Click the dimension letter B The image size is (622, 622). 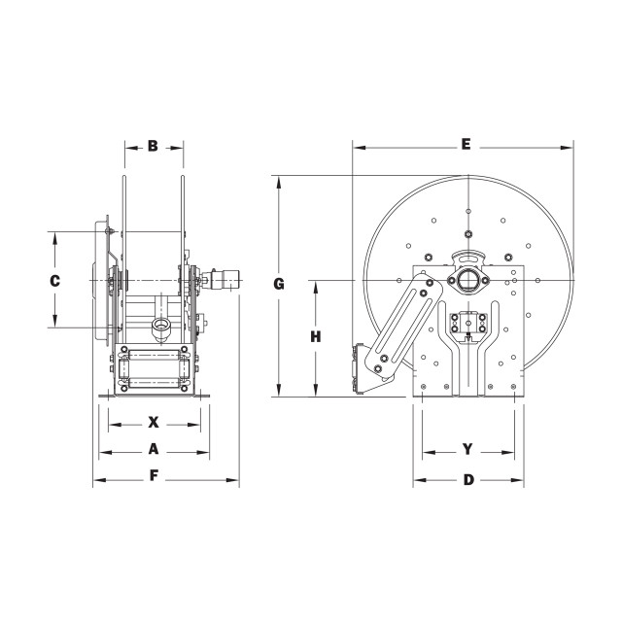pyautogui.click(x=153, y=146)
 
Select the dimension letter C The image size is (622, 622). pyautogui.click(x=54, y=281)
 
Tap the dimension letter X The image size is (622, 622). pyautogui.click(x=154, y=422)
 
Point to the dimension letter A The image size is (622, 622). pyautogui.click(x=154, y=449)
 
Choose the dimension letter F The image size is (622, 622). pyautogui.click(x=154, y=475)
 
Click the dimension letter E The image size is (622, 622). pyautogui.click(x=466, y=144)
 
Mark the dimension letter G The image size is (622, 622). pyautogui.click(x=279, y=284)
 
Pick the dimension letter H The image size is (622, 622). pyautogui.click(x=315, y=337)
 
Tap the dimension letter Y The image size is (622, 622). pyautogui.click(x=468, y=449)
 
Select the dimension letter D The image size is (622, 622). pyautogui.click(x=468, y=480)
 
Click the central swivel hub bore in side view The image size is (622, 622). pyautogui.click(x=468, y=281)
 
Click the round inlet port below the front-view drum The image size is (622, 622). pyautogui.click(x=160, y=326)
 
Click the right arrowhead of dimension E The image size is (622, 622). pyautogui.click(x=568, y=148)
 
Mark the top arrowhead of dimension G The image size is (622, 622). pyautogui.click(x=279, y=182)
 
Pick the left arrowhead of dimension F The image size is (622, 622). pyautogui.click(x=99, y=480)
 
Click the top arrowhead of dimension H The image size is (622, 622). pyautogui.click(x=316, y=287)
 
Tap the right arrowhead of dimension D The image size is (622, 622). pyautogui.click(x=517, y=480)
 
